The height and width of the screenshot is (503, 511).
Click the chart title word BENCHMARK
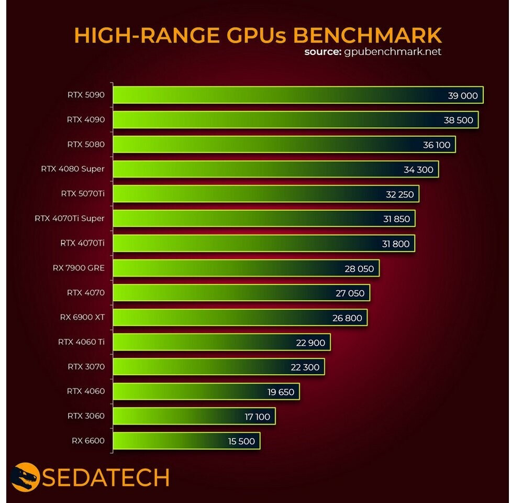pos(367,35)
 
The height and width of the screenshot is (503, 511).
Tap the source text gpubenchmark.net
pos(393,52)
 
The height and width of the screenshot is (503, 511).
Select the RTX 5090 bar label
pos(86,95)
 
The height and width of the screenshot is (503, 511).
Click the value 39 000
pos(463,95)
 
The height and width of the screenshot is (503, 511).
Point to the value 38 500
pos(458,120)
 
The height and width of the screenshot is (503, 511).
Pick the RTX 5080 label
pos(86,144)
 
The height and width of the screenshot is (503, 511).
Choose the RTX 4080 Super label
pos(73,169)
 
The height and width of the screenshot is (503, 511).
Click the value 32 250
pos(399,194)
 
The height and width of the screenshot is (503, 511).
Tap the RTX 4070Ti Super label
pos(70,218)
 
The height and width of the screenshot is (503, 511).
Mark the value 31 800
pos(396,244)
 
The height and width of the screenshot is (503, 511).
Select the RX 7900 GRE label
pos(79,268)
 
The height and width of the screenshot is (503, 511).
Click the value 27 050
pos(350,293)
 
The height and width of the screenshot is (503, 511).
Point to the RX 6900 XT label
pos(79,317)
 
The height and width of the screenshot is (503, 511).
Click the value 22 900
pos(310,343)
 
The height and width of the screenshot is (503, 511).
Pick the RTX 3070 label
pos(86,366)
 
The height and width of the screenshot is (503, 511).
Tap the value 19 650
pos(280,392)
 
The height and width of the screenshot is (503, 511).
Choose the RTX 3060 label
pos(86,416)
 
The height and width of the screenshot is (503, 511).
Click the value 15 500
pos(241,441)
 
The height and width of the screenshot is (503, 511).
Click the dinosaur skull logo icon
pos(26,477)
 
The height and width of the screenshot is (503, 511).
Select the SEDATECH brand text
pos(105,478)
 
